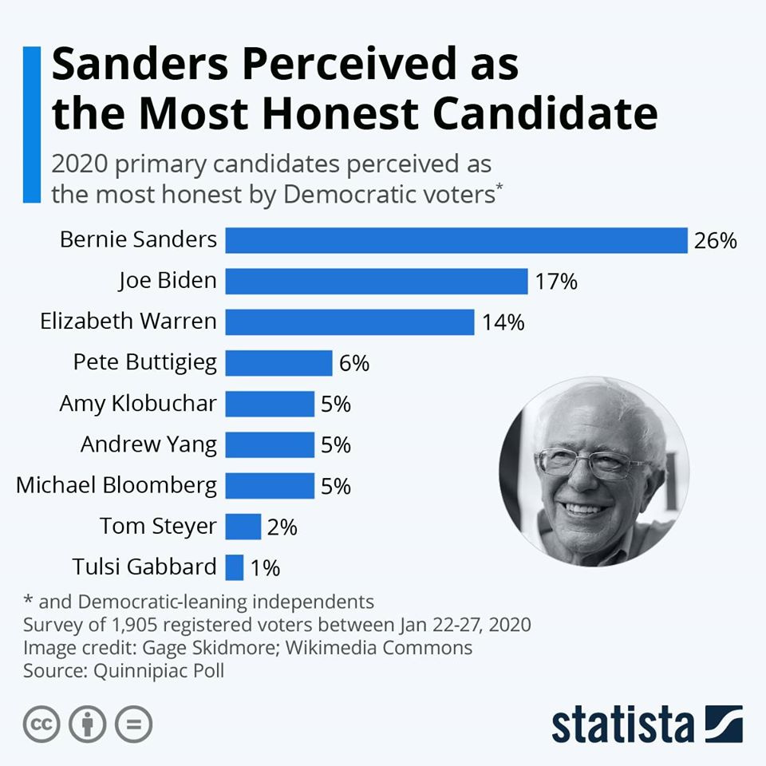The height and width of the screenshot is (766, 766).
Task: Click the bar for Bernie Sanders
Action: click(456, 240)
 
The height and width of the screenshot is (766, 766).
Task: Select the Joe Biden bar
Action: click(376, 281)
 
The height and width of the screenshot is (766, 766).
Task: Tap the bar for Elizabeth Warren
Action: click(349, 322)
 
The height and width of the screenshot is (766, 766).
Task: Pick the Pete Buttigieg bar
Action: click(278, 362)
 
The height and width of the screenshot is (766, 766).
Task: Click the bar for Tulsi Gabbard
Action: click(234, 567)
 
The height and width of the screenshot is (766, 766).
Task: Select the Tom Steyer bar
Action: click(243, 527)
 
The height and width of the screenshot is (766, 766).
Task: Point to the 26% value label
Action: click(715, 241)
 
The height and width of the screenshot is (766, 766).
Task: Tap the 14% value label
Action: click(503, 322)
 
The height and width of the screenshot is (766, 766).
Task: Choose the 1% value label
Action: click(265, 568)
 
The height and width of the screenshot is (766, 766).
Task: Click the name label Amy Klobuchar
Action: click(137, 404)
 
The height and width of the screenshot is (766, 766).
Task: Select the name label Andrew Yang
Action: click(148, 444)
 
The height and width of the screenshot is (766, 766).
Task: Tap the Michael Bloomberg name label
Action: click(116, 485)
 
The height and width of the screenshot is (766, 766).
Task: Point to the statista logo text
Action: click(622, 725)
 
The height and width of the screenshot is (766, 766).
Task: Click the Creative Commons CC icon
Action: click(41, 725)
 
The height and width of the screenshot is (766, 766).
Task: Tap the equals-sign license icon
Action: click(133, 725)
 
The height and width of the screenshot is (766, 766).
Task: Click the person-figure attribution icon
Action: click(88, 725)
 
